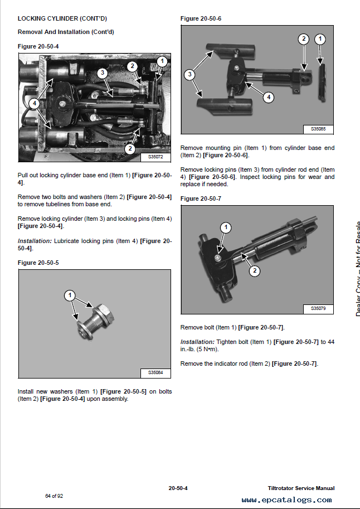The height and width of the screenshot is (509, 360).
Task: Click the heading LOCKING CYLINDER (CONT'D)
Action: coord(62,18)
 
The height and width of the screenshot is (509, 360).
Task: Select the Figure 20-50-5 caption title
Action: coord(38,263)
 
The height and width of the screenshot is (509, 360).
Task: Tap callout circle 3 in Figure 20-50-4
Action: coord(103,73)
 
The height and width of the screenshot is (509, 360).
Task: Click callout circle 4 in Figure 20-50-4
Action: coord(34,104)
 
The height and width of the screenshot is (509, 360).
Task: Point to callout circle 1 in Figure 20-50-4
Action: coord(162,61)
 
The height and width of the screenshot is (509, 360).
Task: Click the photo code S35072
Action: coord(155,157)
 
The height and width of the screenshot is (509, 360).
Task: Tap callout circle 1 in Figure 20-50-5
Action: coord(70,295)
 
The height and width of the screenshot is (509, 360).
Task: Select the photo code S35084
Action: coord(155,372)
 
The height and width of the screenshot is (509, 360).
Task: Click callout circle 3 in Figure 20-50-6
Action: coord(189,75)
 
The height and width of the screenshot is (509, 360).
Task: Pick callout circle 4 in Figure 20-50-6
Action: coord(269,97)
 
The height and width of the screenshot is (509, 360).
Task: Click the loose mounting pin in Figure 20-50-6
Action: coord(322,83)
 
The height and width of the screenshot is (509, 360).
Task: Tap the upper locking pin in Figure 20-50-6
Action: coord(231,51)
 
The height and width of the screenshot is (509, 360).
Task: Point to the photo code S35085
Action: coord(318,129)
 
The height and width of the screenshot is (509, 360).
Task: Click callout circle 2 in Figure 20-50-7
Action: coord(255,271)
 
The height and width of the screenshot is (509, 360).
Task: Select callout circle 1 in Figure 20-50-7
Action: coord(226,227)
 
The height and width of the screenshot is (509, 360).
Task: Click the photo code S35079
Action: coord(318,308)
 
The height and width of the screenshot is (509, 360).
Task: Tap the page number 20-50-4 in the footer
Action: coord(178,488)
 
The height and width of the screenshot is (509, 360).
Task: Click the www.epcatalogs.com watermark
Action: coord(286,500)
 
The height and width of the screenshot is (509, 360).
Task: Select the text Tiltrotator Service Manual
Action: coord(301,488)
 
